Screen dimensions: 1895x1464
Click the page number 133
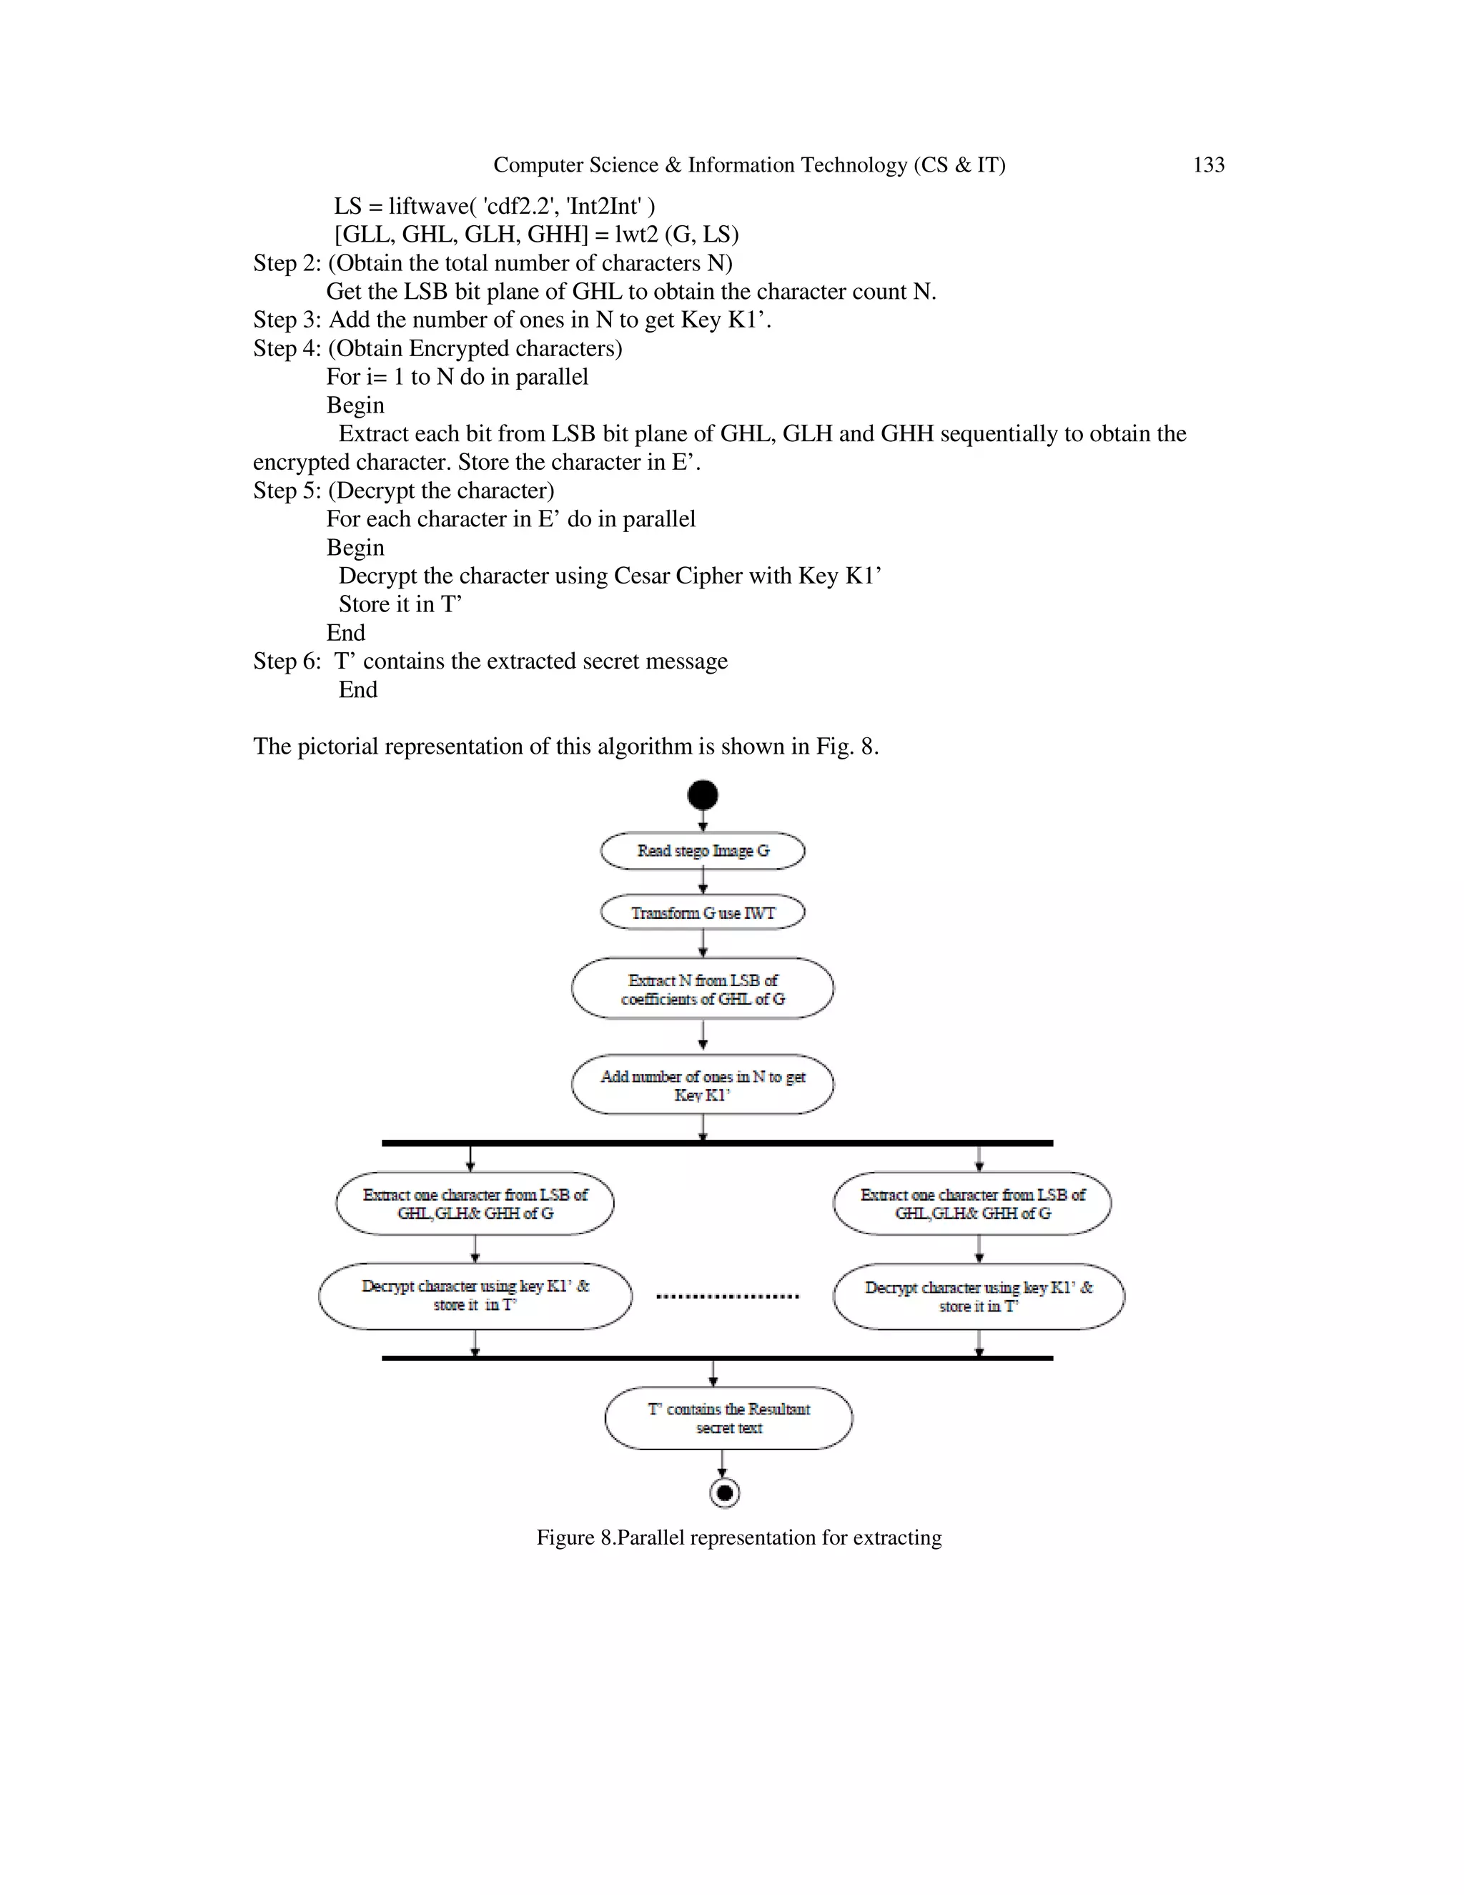click(1208, 165)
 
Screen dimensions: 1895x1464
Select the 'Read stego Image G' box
click(703, 850)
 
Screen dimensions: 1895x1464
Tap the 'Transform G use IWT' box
click(703, 912)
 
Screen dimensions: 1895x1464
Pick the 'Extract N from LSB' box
click(703, 989)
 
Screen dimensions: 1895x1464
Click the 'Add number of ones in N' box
click(703, 1085)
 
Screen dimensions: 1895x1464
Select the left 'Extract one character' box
click(475, 1204)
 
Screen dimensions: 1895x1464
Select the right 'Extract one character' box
click(972, 1204)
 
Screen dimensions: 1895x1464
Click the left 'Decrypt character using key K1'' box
click(475, 1296)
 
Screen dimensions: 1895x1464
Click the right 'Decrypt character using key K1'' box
click(979, 1296)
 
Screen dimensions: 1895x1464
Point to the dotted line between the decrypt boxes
click(728, 1296)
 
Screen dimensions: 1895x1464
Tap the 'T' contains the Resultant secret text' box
click(728, 1418)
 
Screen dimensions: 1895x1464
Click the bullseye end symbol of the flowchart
click(724, 1493)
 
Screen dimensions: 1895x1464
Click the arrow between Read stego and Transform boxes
click(703, 882)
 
